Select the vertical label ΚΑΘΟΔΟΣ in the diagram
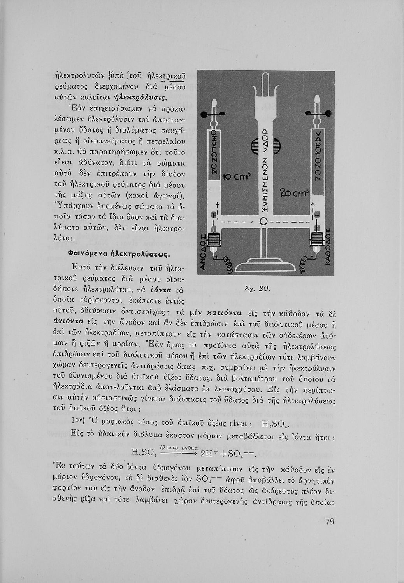(x=327, y=249)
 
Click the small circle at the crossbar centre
(x=263, y=221)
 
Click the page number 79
(x=330, y=522)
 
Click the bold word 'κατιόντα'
(x=225, y=312)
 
